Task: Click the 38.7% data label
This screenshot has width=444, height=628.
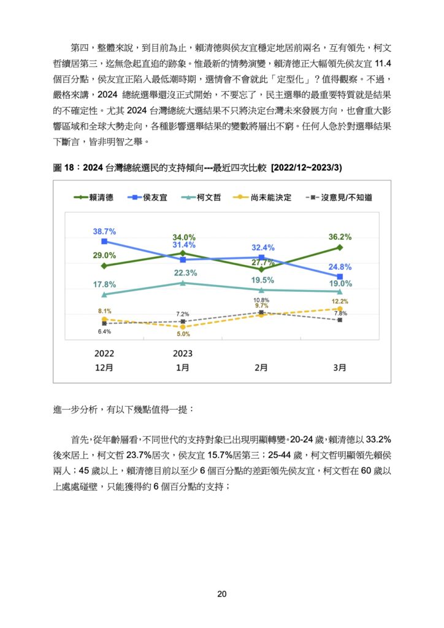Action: pyautogui.click(x=104, y=231)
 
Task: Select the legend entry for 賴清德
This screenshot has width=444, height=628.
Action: pyautogui.click(x=94, y=197)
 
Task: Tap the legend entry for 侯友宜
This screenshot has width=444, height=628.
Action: pyautogui.click(x=147, y=197)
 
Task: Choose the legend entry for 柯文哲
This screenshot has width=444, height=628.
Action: pyautogui.click(x=201, y=197)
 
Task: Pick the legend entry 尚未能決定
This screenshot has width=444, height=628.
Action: pyautogui.click(x=262, y=197)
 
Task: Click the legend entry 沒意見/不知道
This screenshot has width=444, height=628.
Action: pyautogui.click(x=339, y=197)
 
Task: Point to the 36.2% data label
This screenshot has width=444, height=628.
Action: pyautogui.click(x=340, y=237)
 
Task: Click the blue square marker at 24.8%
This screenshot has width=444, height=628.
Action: pyautogui.click(x=340, y=277)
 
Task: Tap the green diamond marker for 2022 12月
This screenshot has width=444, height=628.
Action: pyautogui.click(x=104, y=266)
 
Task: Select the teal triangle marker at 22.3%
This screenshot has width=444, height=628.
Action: pyautogui.click(x=183, y=283)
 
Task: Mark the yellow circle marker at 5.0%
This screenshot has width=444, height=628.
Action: pyautogui.click(x=183, y=327)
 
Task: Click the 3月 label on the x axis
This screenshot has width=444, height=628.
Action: pyautogui.click(x=340, y=367)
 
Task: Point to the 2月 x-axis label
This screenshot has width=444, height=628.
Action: pyautogui.click(x=261, y=367)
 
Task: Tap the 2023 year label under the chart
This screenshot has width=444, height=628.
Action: pyautogui.click(x=183, y=353)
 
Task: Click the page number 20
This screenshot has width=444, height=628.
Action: pyautogui.click(x=222, y=594)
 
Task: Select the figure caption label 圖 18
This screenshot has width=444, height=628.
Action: pyautogui.click(x=63, y=167)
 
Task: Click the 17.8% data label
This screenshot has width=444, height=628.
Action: pyautogui.click(x=104, y=285)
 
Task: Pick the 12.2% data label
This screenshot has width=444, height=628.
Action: pyautogui.click(x=340, y=301)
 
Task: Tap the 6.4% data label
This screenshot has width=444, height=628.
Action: pyautogui.click(x=104, y=332)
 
